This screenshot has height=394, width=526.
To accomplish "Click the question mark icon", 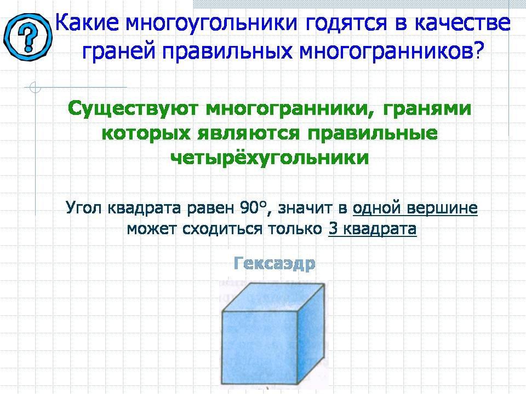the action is click(28, 37).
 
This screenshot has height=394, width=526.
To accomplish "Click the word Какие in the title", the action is click(87, 23).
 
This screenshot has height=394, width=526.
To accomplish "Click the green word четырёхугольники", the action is click(270, 158).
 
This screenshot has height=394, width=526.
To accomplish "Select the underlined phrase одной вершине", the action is click(415, 208).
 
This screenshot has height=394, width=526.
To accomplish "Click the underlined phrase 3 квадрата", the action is click(373, 229).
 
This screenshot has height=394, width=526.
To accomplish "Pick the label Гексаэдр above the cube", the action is click(275, 263).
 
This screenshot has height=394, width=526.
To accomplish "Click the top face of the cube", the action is click(274, 297).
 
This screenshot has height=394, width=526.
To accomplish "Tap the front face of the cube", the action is click(260, 348).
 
